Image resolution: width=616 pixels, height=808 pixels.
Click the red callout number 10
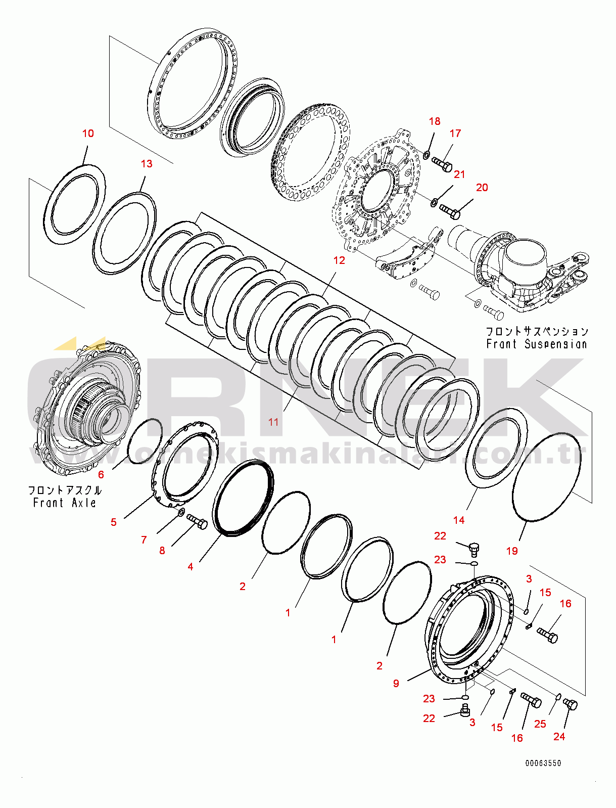(88, 133)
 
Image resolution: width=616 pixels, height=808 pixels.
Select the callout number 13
(146, 164)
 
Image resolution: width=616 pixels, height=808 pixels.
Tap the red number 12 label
(339, 260)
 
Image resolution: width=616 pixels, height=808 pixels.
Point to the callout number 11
(273, 422)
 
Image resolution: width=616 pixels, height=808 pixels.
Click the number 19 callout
(512, 551)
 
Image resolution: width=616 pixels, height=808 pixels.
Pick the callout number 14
(459, 520)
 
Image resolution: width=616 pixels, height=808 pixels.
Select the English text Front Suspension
(537, 344)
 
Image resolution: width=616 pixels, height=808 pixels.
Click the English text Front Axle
(64, 503)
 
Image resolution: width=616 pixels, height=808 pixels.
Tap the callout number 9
(396, 684)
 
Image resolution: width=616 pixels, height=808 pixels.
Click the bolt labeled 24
(571, 704)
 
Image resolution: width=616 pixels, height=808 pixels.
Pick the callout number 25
(540, 724)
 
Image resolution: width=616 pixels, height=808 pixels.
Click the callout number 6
(101, 475)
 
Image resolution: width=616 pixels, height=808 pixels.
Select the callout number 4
(191, 567)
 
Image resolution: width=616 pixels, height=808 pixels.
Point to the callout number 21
(459, 174)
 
